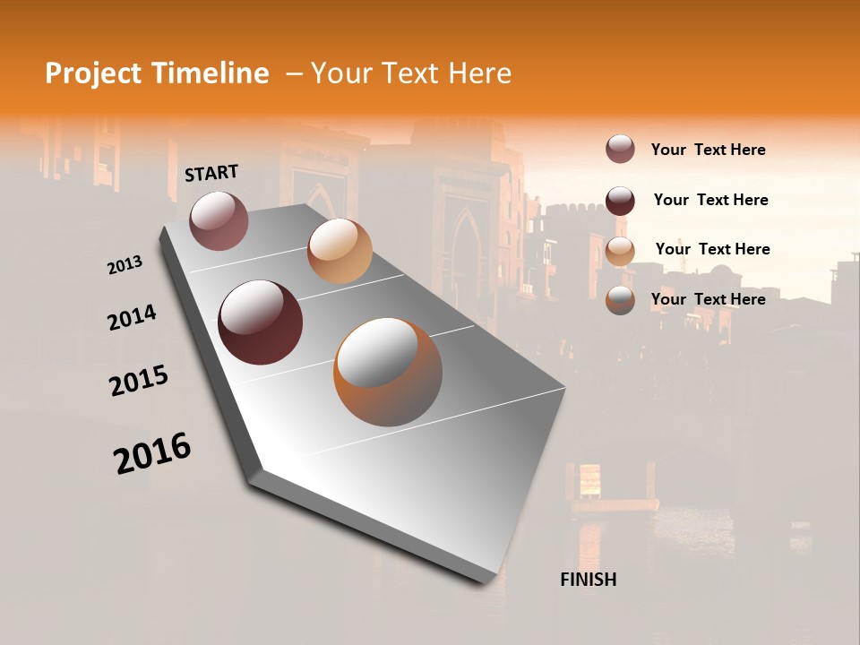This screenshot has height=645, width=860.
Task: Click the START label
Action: (x=211, y=173)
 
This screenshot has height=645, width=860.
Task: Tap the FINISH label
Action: (x=588, y=580)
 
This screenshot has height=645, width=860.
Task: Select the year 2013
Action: (x=125, y=265)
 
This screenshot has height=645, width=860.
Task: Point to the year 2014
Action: (x=132, y=318)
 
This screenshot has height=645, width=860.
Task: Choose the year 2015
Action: (x=139, y=382)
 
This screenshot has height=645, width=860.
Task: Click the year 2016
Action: (x=152, y=453)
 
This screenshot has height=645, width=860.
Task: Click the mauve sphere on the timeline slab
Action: (x=219, y=220)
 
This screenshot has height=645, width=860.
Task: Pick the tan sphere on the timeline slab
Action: (x=340, y=251)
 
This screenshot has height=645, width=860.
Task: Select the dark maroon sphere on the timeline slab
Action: (x=260, y=322)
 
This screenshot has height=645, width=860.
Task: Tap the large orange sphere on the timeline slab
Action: (x=388, y=372)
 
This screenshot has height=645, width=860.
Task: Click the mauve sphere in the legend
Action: (x=620, y=149)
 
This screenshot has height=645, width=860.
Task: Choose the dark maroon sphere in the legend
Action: (x=620, y=200)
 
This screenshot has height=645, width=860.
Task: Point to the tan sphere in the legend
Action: (x=620, y=250)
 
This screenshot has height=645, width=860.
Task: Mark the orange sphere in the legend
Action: (x=620, y=299)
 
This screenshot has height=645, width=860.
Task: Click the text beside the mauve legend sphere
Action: (x=708, y=150)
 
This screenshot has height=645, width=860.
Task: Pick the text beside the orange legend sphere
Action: (x=708, y=299)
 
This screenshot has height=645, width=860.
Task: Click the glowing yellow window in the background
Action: (x=590, y=478)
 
